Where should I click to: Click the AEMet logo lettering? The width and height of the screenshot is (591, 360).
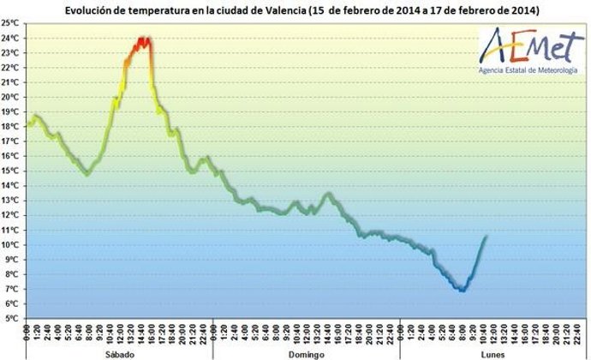click(x=525, y=44)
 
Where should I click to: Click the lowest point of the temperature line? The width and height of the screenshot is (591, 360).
click(x=463, y=290)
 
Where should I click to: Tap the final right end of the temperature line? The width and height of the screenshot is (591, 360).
click(x=487, y=237)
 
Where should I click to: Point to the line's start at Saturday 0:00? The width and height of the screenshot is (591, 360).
click(x=27, y=125)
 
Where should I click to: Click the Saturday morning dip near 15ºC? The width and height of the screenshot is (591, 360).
click(x=87, y=174)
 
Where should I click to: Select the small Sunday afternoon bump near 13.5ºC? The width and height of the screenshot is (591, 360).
click(x=327, y=194)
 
